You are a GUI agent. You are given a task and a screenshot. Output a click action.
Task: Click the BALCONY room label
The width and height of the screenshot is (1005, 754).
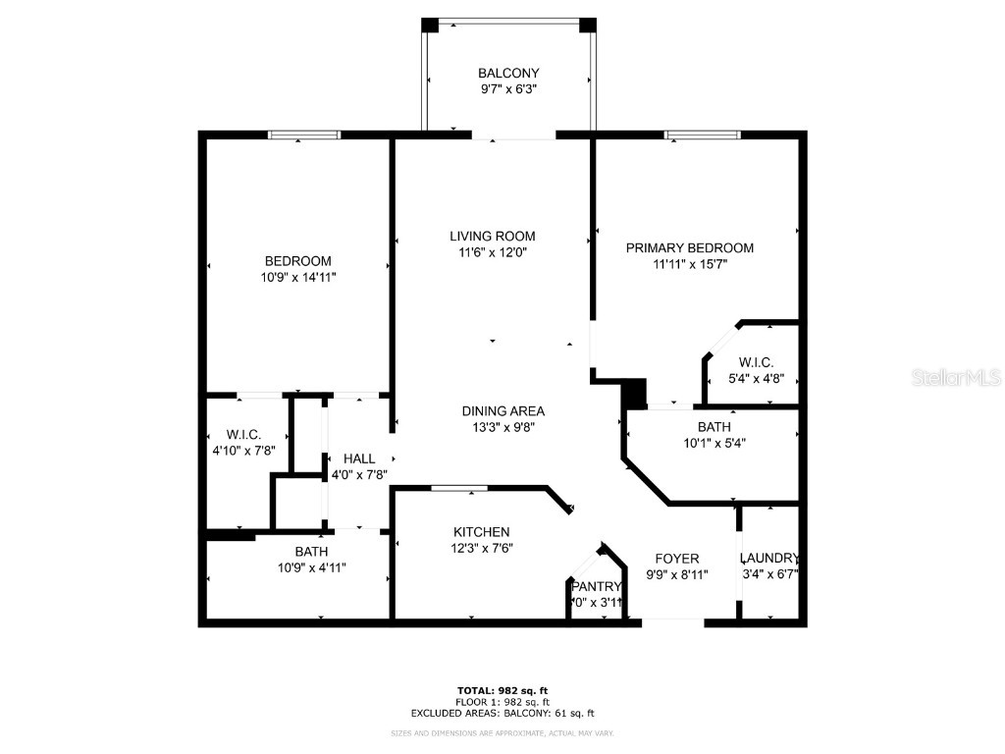[507, 73]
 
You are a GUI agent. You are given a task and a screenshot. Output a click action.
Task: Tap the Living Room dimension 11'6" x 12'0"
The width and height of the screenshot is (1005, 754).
[493, 251]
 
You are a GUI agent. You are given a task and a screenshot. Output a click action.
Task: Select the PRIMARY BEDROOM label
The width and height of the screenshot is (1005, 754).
[690, 248]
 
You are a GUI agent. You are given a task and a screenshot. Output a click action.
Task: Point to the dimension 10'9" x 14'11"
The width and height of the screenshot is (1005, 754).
[297, 278]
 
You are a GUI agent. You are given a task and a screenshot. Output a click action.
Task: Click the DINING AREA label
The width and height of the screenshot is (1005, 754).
[503, 411]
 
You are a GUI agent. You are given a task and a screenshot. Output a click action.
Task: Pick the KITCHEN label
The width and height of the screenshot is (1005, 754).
[481, 532]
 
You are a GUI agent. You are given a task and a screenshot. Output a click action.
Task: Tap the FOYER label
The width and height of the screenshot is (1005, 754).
[677, 559]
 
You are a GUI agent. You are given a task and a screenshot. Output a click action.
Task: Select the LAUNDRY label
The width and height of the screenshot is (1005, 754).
[769, 558]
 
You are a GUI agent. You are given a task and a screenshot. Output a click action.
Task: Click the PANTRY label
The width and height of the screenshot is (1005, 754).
[597, 587]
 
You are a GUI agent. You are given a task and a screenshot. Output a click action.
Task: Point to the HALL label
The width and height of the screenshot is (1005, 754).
[358, 458]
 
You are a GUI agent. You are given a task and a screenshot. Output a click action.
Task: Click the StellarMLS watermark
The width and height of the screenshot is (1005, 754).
[956, 377]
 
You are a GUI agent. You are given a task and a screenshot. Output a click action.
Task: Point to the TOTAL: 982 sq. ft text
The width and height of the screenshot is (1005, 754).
[502, 690]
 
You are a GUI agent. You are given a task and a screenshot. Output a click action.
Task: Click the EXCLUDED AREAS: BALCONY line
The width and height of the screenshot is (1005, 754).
[502, 714]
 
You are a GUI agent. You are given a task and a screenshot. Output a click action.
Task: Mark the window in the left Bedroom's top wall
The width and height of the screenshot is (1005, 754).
[305, 135]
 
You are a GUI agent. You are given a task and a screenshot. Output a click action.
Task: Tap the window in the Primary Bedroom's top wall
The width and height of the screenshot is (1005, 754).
[702, 135]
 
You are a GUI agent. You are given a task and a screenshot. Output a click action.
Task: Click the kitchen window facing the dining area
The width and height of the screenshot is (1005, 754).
[460, 487]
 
